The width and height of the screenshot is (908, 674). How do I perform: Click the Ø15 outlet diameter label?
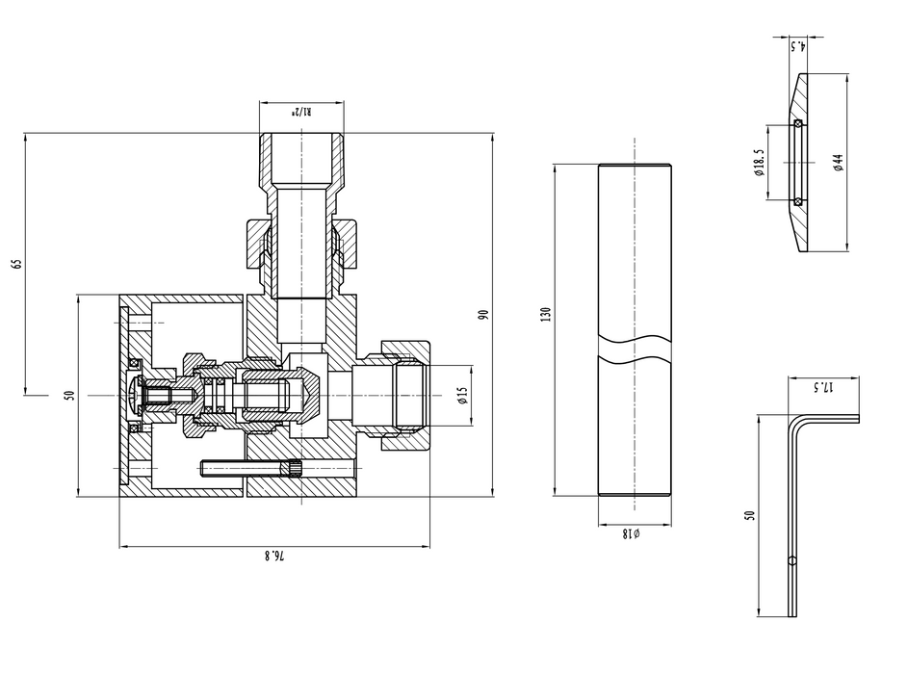(463, 395)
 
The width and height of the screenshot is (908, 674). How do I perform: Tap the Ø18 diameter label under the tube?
(633, 531)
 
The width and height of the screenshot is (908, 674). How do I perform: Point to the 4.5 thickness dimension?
(796, 44)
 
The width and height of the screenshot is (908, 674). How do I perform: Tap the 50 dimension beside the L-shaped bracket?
(750, 514)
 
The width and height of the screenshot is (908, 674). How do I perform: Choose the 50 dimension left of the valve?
(69, 395)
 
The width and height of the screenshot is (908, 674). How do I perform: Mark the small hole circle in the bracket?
(791, 560)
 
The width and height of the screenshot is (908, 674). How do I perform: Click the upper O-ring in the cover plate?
(797, 124)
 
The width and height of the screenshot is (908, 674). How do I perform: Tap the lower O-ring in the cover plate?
(797, 200)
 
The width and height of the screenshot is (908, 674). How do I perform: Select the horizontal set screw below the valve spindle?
(246, 469)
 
